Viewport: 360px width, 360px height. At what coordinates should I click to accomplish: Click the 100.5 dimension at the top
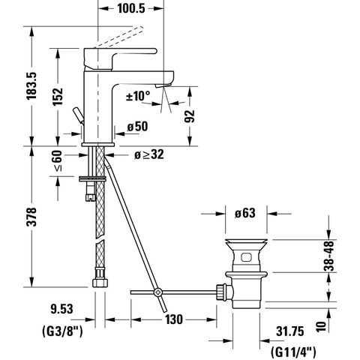point(131,8)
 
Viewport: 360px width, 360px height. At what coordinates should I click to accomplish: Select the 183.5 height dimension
point(31,86)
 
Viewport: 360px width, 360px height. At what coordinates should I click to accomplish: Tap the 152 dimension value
point(58,97)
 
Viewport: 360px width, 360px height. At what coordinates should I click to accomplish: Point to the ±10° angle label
point(138,96)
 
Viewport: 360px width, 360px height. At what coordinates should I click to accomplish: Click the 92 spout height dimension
point(189,116)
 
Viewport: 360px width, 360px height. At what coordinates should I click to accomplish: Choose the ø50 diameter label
point(137,127)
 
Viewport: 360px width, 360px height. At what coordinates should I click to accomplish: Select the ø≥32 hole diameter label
point(149,154)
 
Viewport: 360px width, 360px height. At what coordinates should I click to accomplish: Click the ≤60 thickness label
point(58,160)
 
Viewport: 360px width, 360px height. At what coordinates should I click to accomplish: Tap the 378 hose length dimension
point(31,217)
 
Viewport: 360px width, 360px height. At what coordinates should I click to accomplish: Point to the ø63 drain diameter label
point(245,213)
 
